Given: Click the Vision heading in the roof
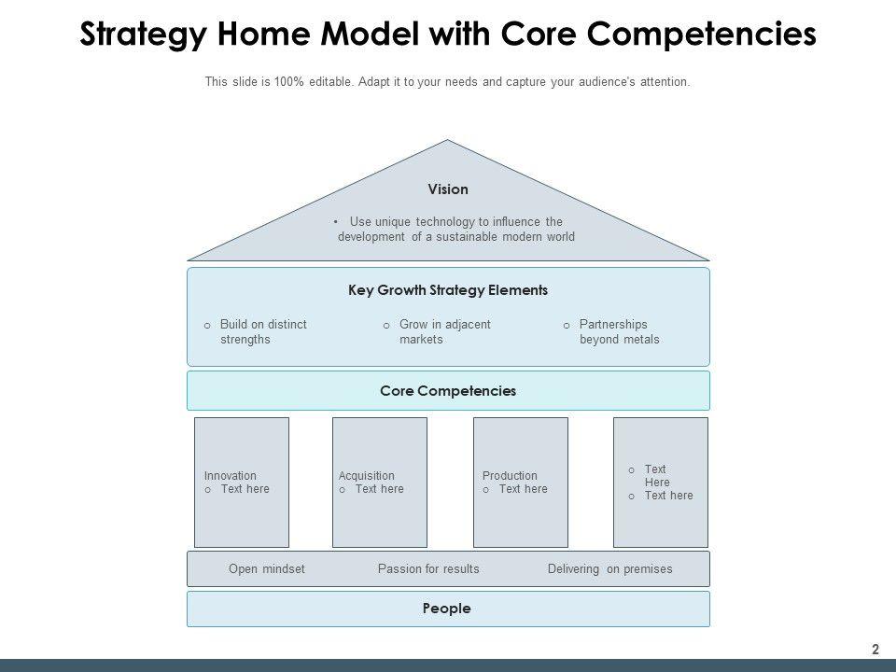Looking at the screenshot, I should [448, 189].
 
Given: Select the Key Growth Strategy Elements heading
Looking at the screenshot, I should [448, 290].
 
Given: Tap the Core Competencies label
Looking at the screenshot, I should [448, 391].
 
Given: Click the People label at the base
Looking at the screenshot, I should [447, 609].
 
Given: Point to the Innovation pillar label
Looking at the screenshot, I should [231, 476].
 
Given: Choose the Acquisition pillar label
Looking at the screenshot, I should [367, 476].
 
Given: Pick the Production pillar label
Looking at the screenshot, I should [510, 476].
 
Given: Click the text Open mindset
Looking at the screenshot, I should [267, 568].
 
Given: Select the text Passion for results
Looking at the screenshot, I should [428, 568].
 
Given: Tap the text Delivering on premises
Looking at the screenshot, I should [609, 568].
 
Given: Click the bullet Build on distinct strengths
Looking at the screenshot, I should [263, 332].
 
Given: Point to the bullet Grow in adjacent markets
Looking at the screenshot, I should [444, 332].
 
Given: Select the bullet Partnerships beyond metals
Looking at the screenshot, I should [619, 332].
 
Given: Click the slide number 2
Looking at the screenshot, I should [875, 650].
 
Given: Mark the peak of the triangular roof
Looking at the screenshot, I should [448, 142].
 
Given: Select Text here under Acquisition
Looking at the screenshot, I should [379, 489].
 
